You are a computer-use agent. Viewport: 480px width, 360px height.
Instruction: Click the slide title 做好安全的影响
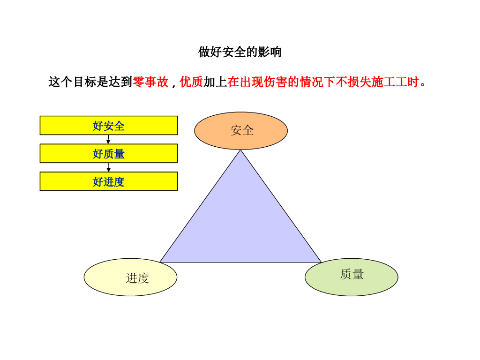click(240, 52)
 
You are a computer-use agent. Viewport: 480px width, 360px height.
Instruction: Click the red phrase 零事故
click(150, 82)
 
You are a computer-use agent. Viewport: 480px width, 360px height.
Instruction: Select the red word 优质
click(191, 82)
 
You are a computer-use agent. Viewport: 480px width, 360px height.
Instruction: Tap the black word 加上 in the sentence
click(215, 82)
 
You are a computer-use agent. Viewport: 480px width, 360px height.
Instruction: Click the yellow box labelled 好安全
click(108, 126)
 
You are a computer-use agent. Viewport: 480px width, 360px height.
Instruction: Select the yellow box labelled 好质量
click(108, 153)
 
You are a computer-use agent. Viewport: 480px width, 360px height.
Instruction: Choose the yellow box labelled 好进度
click(108, 181)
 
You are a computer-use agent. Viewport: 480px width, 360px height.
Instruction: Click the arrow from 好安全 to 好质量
click(108, 139)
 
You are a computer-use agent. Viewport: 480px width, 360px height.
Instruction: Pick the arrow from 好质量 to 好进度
click(108, 167)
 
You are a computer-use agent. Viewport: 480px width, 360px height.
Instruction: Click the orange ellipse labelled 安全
click(241, 131)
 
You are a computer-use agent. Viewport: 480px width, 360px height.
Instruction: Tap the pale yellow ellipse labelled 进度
click(130, 277)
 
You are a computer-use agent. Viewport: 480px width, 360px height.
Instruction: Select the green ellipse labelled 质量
click(352, 277)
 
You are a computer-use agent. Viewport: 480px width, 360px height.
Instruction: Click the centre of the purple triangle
click(240, 225)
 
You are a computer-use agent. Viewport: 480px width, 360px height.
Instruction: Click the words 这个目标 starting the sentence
click(66, 82)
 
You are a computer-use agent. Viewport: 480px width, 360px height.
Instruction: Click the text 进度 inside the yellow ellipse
click(137, 278)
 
